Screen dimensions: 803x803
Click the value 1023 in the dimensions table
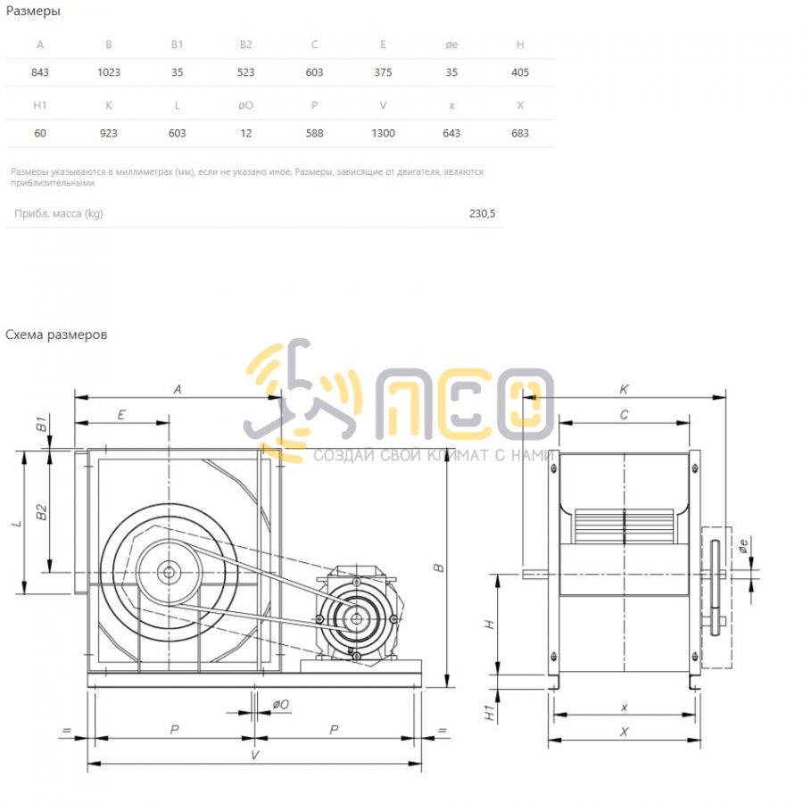pos(109,72)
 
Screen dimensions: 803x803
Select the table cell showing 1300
pos(383,133)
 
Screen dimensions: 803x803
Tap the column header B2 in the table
pos(246,45)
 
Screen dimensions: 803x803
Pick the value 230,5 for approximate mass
pos(482,213)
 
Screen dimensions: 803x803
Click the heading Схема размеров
pos(56,335)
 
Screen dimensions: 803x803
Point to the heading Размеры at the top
pos(33,12)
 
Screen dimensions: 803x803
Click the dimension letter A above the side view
pos(178,390)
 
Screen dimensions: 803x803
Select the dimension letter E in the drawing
pos(121,415)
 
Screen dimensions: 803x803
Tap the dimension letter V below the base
pos(254,755)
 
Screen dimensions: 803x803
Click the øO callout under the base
pos(281,705)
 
